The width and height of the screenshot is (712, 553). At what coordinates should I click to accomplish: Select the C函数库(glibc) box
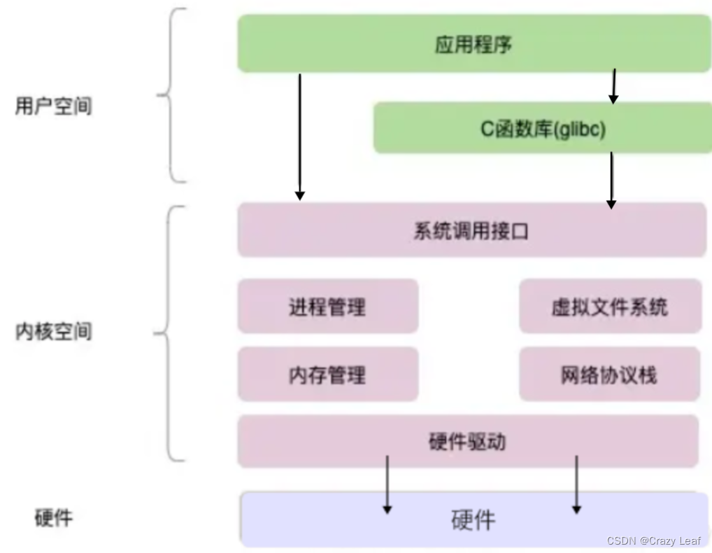(x=542, y=128)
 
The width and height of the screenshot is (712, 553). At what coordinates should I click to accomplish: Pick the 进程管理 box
(x=327, y=307)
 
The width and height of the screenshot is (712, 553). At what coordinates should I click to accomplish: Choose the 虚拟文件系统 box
(x=609, y=307)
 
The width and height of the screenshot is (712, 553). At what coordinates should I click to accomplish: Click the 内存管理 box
(x=327, y=374)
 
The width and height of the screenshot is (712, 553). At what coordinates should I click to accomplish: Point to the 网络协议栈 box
(x=609, y=374)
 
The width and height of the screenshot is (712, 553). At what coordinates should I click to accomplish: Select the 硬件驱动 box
(x=467, y=442)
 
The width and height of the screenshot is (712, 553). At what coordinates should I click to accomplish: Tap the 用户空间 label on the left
(x=53, y=106)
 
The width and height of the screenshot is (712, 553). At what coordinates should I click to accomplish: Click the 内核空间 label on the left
(x=53, y=331)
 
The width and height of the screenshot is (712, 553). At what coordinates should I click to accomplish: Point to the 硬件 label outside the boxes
(x=53, y=518)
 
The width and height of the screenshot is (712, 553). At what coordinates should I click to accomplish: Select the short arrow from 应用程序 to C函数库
(x=613, y=86)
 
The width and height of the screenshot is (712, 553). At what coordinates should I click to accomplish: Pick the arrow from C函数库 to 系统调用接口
(x=611, y=180)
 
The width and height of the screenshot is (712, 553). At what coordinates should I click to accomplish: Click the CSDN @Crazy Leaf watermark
(x=655, y=540)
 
